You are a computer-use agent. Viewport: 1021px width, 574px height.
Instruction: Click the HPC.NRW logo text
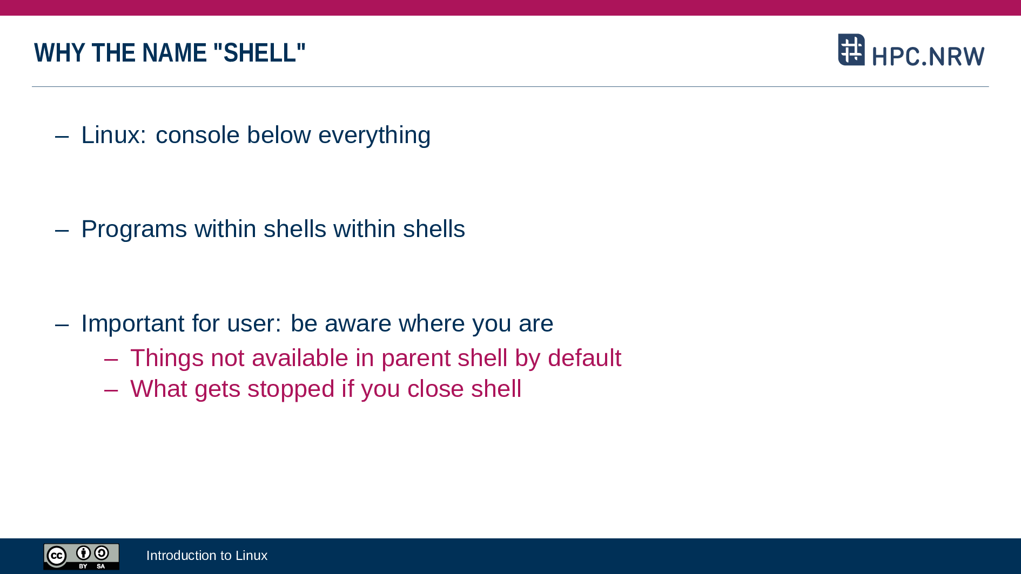[x=928, y=56]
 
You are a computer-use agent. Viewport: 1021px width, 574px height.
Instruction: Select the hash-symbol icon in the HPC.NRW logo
[x=851, y=50]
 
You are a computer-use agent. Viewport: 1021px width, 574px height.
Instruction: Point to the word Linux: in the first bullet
[x=113, y=135]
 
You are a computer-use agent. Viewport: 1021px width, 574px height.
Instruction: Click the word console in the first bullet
[x=197, y=135]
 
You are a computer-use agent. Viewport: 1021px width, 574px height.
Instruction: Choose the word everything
[x=374, y=136]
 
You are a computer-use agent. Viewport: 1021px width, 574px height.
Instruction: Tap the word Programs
[x=135, y=229]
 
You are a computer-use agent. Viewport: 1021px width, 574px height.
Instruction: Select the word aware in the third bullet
[x=358, y=323]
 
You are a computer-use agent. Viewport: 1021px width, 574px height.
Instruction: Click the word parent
[x=416, y=359]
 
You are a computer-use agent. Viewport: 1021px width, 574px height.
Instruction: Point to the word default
[x=585, y=357]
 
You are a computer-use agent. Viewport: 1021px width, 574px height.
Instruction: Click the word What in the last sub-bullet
[x=159, y=389]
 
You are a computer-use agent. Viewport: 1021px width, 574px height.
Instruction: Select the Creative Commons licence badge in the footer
[x=82, y=557]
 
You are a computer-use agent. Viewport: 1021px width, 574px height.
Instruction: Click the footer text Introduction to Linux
[x=207, y=556]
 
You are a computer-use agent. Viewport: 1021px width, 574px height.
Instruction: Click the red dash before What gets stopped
[x=111, y=390]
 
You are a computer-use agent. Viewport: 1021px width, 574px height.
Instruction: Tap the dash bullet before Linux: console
[x=62, y=136]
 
